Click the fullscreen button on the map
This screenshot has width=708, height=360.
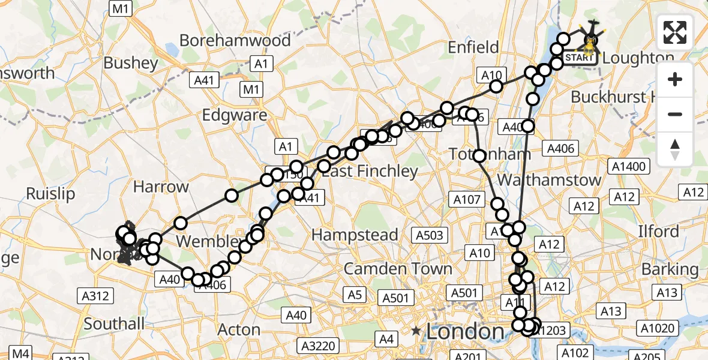coord(675,32)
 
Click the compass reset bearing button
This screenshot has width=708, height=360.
coord(675,149)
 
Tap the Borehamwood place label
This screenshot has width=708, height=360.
coord(235,41)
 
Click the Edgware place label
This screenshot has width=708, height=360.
coord(235,115)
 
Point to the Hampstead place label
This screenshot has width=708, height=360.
coord(355,234)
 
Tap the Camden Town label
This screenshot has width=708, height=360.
coord(398,268)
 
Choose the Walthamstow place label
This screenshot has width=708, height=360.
coord(550,179)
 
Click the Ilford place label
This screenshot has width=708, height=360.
coord(658,232)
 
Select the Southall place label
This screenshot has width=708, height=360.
coord(114,324)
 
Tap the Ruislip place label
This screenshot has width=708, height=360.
coord(50,194)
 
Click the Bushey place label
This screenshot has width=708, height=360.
coord(130,63)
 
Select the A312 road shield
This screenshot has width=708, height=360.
coord(94,295)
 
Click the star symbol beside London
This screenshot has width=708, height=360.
coord(416,331)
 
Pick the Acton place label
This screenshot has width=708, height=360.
coord(238,329)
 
